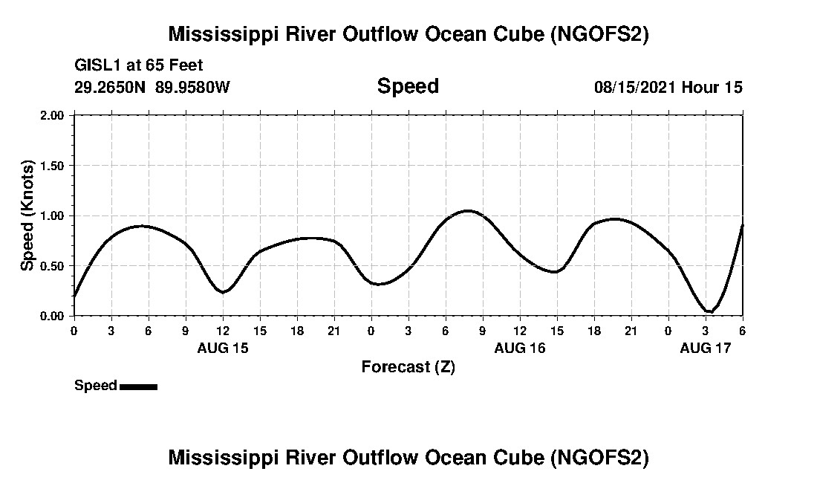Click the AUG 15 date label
coord(223,348)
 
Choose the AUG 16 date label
coord(520,348)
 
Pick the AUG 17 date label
coord(706,348)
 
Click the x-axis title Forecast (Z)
coord(408,366)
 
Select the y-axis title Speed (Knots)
coord(27,215)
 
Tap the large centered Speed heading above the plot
coord(408,86)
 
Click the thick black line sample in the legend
coord(138,386)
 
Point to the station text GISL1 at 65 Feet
coord(139,66)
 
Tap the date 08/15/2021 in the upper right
coord(634,87)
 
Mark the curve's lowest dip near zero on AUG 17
coord(709,311)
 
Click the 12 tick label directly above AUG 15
coord(223,331)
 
